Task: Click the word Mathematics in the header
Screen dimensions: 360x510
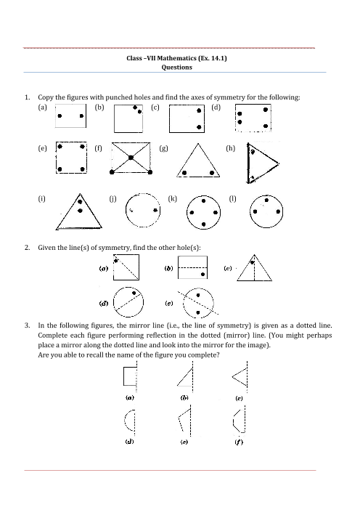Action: click(x=177, y=58)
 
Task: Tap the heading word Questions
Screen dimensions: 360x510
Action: click(x=177, y=68)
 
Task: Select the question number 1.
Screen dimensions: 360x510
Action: click(x=28, y=97)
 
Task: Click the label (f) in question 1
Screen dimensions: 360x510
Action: click(x=99, y=148)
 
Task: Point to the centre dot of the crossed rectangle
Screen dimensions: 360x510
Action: click(x=131, y=158)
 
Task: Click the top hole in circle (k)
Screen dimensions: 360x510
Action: click(x=204, y=201)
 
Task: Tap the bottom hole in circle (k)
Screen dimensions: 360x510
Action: click(x=204, y=224)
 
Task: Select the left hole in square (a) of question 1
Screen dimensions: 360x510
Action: click(x=60, y=116)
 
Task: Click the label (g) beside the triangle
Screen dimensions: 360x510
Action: click(x=163, y=148)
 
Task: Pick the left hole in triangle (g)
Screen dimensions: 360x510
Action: click(x=184, y=173)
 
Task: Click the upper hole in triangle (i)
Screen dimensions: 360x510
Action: click(x=80, y=202)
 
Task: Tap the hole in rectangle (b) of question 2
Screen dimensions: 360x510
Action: click(x=202, y=275)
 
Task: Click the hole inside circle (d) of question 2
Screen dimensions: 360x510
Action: click(x=134, y=293)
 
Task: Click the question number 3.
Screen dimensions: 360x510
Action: click(x=28, y=325)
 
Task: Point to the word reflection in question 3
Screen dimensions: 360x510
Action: click(x=162, y=336)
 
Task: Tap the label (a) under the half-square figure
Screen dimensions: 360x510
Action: click(x=130, y=397)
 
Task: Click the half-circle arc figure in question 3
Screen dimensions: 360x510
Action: click(x=125, y=420)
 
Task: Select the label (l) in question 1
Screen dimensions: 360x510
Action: click(x=233, y=199)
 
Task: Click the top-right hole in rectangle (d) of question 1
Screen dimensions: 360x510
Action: click(x=266, y=110)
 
